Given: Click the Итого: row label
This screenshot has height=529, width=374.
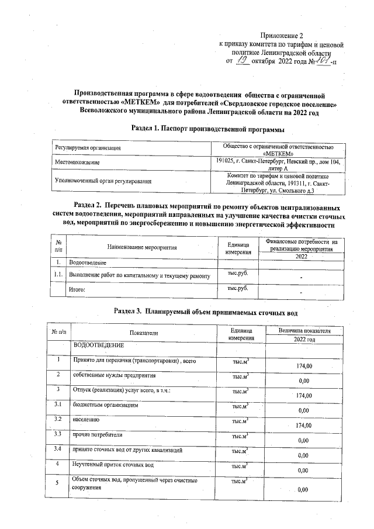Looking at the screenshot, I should [78, 289].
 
